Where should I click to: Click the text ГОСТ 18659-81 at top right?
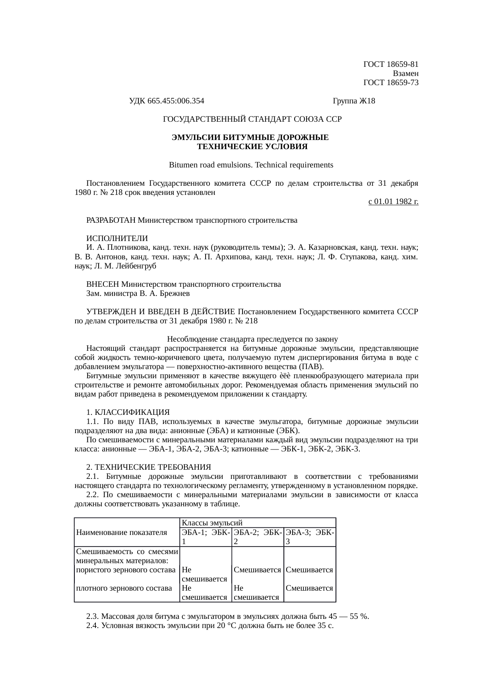[x=391, y=64]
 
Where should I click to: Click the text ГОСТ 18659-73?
[x=391, y=83]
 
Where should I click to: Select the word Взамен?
[x=405, y=74]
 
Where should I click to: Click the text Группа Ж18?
[x=353, y=101]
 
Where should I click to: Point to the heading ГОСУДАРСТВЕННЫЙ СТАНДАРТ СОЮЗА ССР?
[x=252, y=119]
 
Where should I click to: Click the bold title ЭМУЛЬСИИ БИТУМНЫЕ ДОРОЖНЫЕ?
[x=250, y=138]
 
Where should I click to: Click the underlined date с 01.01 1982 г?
[x=393, y=202]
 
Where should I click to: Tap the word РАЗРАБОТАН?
[x=109, y=220]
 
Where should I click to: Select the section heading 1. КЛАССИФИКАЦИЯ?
[x=128, y=412]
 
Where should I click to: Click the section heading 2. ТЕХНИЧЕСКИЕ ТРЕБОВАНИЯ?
[x=148, y=467]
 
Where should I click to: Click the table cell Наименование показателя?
[x=121, y=533]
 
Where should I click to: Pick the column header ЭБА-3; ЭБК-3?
[x=310, y=537]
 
